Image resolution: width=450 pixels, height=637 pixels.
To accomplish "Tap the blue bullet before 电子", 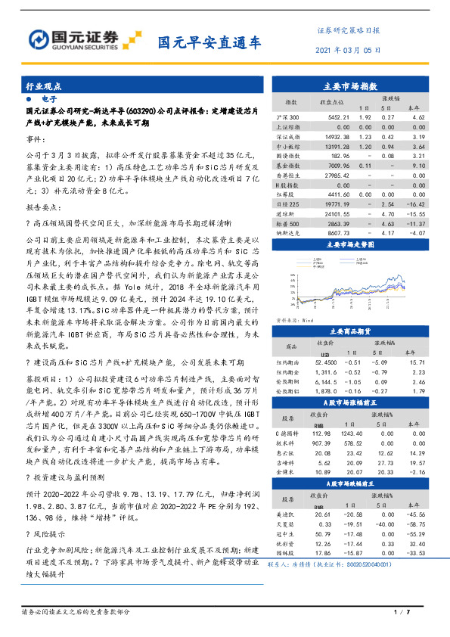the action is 28,99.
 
